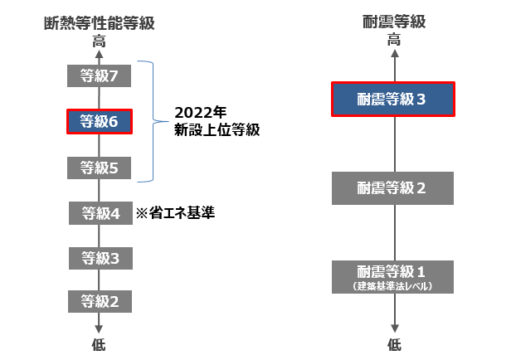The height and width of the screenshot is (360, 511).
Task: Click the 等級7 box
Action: (x=100, y=76)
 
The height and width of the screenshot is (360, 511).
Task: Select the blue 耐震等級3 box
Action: (x=393, y=100)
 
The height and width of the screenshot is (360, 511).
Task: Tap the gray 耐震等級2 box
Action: (x=393, y=187)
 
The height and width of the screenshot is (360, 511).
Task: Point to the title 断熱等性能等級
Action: (x=100, y=22)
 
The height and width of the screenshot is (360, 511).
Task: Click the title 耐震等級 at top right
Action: (x=393, y=22)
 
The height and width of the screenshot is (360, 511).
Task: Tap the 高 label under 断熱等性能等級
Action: (x=100, y=39)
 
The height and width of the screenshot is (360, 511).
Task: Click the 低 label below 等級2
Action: (x=100, y=343)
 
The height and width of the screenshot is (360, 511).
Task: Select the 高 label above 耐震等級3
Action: (x=393, y=39)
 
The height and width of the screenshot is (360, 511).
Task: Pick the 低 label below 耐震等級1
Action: (x=393, y=343)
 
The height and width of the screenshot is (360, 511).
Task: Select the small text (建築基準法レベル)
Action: (x=393, y=286)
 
